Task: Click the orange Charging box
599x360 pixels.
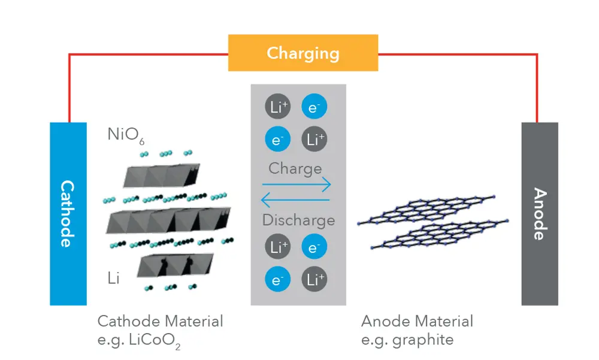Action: point(302,53)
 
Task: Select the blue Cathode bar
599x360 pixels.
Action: point(68,214)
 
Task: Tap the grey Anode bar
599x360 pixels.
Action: point(539,214)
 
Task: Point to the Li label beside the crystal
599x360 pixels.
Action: point(114,278)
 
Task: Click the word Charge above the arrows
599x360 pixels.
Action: point(295,168)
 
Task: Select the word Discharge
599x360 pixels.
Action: point(298,220)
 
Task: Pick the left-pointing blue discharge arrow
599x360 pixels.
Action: point(297,200)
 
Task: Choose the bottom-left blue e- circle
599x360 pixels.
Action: point(277,279)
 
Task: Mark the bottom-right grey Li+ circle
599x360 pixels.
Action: point(313,279)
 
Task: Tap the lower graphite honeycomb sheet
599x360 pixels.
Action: point(440,234)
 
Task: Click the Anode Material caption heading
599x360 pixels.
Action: point(417,321)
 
